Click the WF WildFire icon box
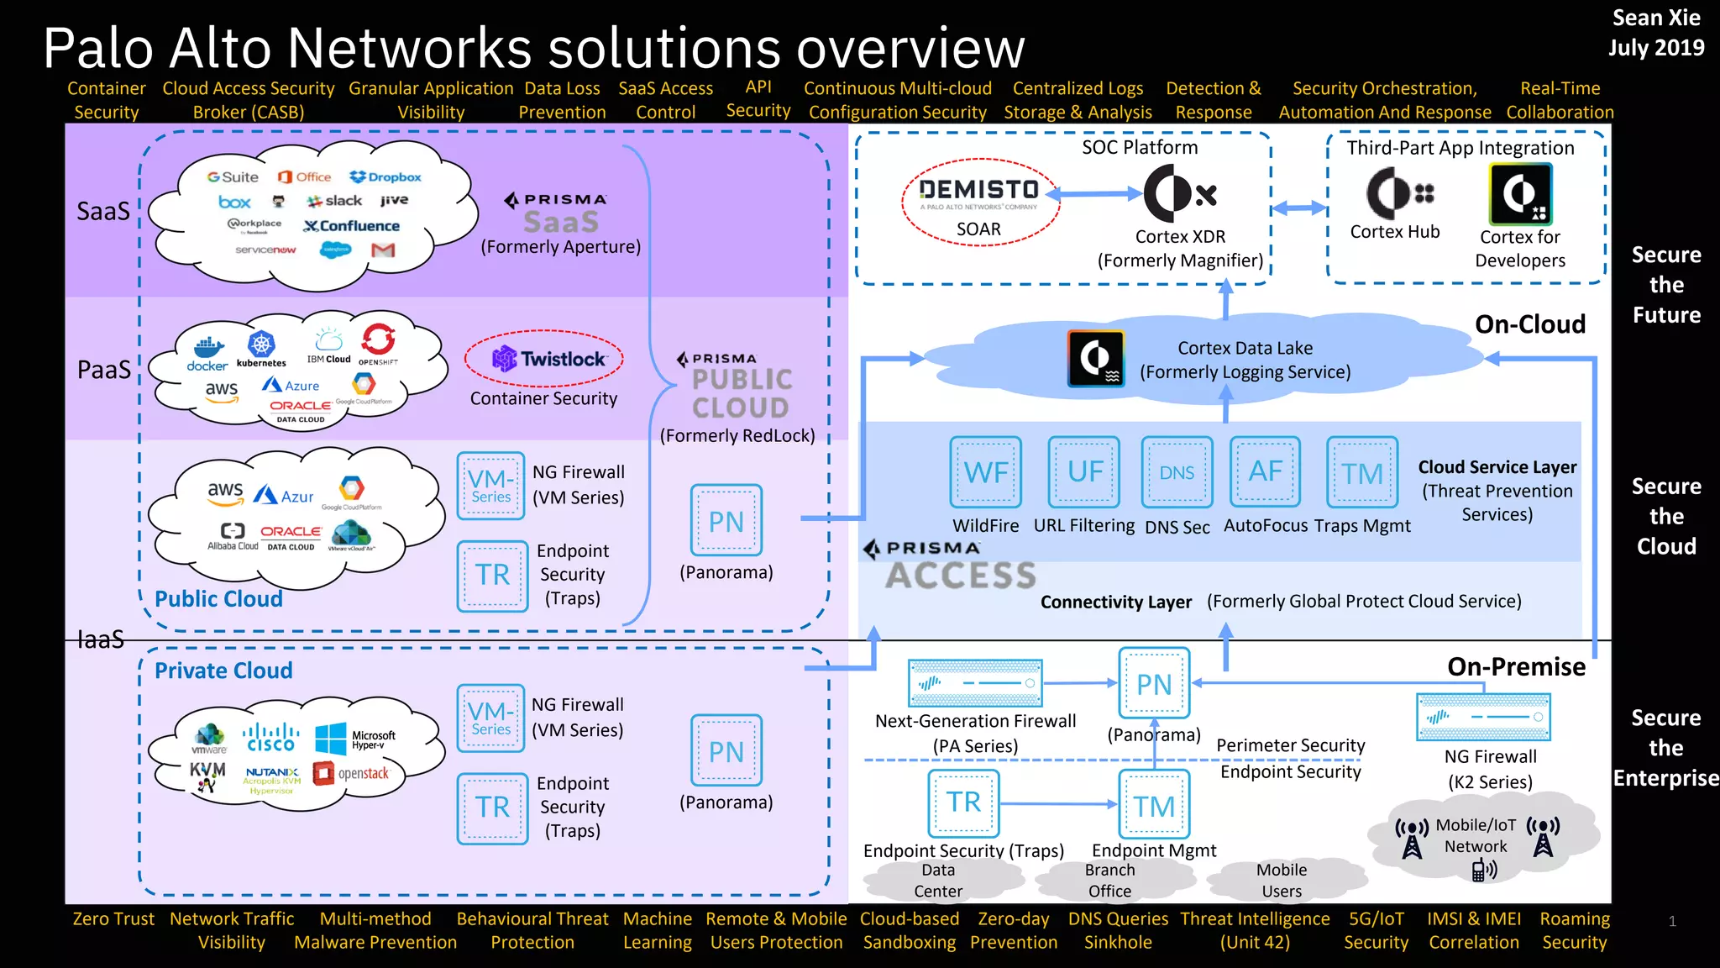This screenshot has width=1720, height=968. (985, 471)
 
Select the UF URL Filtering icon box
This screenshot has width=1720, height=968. (1083, 471)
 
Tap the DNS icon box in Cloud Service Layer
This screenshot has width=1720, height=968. (1177, 472)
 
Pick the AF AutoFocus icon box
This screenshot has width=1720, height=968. (1265, 471)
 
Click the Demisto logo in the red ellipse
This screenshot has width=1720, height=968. (978, 191)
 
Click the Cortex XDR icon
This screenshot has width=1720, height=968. (1179, 193)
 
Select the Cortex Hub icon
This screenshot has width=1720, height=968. (1398, 193)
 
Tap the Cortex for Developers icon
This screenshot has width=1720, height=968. (1520, 194)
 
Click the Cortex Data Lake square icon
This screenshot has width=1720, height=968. (1095, 359)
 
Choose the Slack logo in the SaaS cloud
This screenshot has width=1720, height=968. (334, 201)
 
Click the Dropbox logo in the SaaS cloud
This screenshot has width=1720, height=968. (385, 177)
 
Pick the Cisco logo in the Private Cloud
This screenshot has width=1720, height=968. (270, 738)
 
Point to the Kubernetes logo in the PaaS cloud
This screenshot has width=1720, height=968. (261, 347)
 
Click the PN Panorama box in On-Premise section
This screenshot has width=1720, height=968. (1154, 682)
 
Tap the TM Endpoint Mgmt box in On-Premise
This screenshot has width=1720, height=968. (1154, 805)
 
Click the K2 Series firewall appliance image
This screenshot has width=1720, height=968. (1483, 717)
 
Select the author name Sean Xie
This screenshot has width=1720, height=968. (1655, 18)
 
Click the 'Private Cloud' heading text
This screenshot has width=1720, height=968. (223, 671)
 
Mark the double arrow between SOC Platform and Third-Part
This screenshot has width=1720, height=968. (1298, 208)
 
